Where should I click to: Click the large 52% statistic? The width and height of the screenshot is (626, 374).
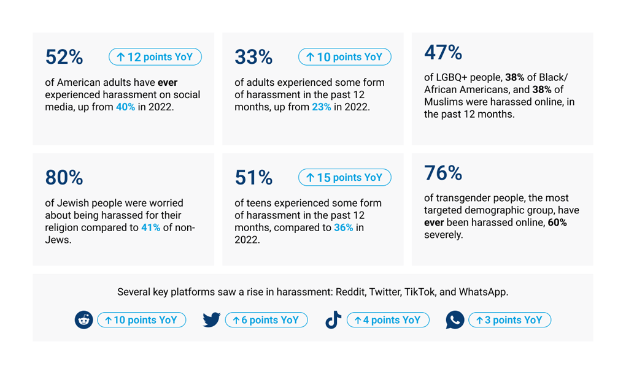64,57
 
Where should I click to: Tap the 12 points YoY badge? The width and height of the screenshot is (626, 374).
155,57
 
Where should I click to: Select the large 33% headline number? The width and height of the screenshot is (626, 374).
253,57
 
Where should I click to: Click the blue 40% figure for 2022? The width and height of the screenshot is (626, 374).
125,107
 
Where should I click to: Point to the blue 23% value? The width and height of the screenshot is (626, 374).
322,107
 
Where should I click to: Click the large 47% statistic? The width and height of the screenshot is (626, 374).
443,53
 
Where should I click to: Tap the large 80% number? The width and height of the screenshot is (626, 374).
64,178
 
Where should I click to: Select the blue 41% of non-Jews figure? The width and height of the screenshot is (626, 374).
151,227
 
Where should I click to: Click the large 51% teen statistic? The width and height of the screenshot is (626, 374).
253,178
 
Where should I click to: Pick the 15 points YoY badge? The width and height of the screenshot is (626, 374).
345,178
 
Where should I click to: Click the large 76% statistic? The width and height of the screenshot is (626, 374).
443,174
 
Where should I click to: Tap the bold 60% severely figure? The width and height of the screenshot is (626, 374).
557,223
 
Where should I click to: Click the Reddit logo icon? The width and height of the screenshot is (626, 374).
84,320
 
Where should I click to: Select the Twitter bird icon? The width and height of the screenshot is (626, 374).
212,320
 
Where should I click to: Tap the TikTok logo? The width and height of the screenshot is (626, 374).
333,320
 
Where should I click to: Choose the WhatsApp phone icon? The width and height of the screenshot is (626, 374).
455,320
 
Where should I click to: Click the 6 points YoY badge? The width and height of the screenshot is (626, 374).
266,320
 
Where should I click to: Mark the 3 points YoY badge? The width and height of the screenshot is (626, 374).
509,320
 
